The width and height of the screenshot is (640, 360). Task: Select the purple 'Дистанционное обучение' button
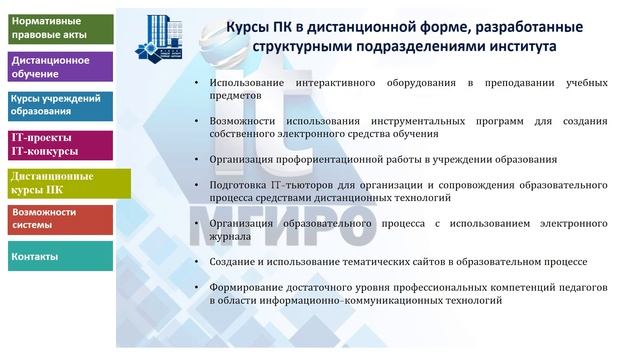point(56,67)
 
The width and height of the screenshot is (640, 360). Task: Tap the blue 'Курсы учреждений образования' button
point(56,106)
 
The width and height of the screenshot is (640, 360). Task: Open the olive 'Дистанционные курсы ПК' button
point(56,182)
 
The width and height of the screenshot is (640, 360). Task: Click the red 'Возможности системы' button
point(56,219)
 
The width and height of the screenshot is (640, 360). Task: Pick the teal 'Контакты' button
point(56,257)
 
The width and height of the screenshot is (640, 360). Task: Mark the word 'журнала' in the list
point(231,237)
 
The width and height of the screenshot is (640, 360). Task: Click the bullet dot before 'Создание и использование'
point(197,262)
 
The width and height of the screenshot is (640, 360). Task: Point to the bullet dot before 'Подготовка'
point(197,185)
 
